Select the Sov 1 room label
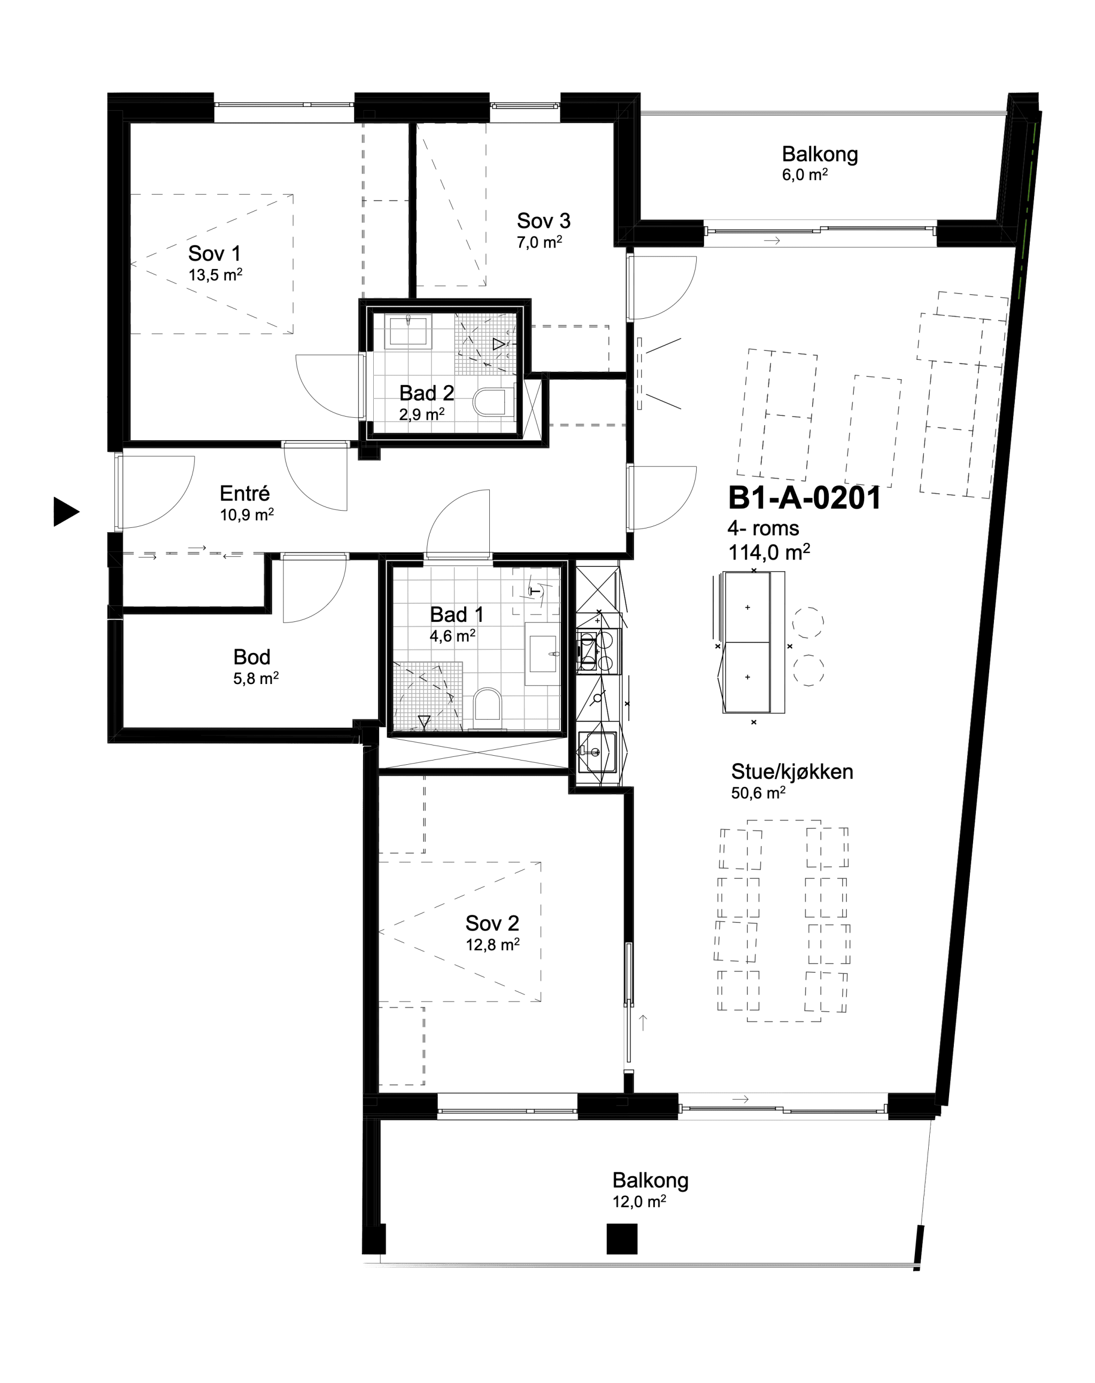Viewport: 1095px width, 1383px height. point(214,253)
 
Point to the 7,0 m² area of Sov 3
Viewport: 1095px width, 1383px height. point(540,242)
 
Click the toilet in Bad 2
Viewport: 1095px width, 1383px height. point(494,402)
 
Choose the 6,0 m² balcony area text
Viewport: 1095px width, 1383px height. point(805,174)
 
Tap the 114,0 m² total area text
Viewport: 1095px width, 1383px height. point(769,551)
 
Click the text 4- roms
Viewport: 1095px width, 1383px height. point(763,528)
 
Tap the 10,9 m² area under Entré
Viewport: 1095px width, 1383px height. point(247,515)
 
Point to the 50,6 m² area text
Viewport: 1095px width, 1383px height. point(758,793)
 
